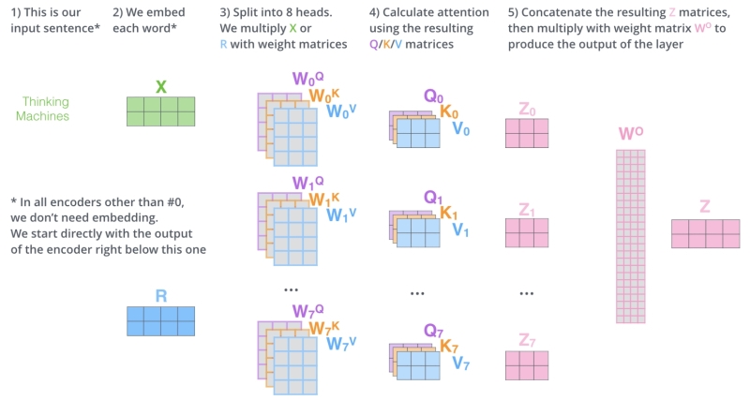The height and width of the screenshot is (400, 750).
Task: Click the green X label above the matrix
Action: point(161,86)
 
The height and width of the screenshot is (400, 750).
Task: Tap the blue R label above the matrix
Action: point(161,296)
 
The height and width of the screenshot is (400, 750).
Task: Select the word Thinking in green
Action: point(45,102)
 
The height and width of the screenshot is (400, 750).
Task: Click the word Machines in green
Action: point(42,116)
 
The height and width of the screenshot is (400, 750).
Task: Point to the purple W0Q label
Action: point(308,79)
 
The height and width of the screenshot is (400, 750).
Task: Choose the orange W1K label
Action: point(324,199)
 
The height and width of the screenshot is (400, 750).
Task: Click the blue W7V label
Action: point(341,344)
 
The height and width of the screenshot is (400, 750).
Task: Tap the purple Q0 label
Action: point(433,96)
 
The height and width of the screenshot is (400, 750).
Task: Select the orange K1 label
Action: point(449,213)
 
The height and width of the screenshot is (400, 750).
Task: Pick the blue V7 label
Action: point(461,363)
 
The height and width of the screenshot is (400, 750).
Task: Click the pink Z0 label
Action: point(527,110)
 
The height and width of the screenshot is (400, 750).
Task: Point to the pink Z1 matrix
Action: point(527,232)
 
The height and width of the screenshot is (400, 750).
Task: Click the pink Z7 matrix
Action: point(527,365)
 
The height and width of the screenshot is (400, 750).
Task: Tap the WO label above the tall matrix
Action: point(631,133)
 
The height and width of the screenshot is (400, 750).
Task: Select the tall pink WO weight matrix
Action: point(630,237)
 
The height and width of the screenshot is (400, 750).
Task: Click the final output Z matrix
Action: point(706,233)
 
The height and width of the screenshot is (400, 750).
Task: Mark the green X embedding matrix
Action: point(160,111)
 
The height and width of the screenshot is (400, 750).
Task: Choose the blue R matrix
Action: point(160,321)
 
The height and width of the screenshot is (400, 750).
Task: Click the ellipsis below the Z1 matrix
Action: point(527,293)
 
